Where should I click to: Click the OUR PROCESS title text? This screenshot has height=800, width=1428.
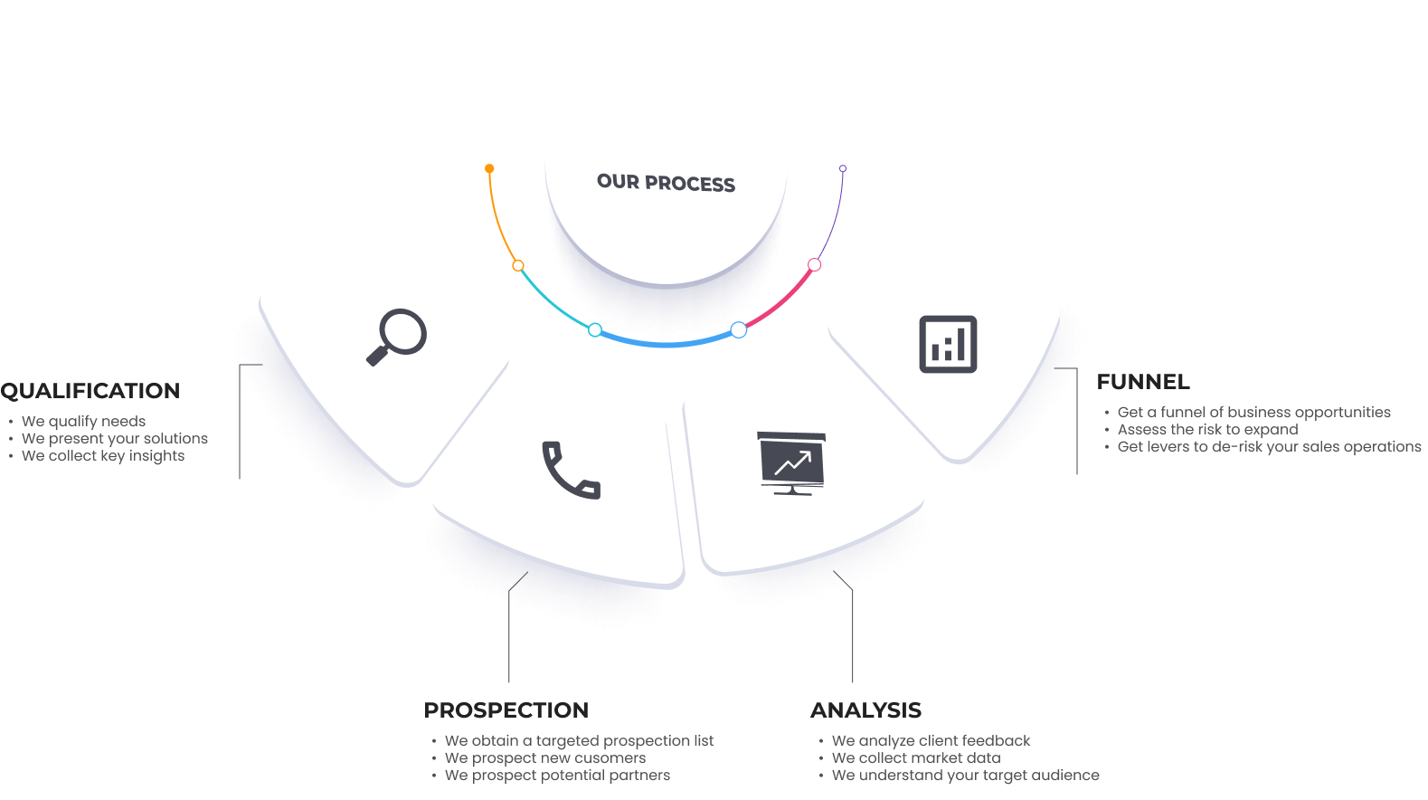point(666,183)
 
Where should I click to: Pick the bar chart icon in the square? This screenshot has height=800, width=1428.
point(948,344)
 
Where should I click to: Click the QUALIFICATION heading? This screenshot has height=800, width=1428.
point(90,391)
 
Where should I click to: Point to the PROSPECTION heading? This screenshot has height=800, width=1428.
point(506,710)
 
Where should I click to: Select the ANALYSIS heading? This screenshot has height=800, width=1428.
point(865,710)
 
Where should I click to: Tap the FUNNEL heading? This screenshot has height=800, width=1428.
point(1143,382)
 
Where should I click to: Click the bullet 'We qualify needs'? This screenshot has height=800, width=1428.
point(83,421)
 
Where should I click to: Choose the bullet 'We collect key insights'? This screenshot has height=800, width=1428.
point(103,455)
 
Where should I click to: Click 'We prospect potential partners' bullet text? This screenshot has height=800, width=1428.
point(557,775)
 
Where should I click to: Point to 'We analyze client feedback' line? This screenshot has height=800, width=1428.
point(931,740)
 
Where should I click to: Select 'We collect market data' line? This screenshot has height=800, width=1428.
point(916,757)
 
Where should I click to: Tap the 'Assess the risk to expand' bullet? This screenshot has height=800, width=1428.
point(1207,429)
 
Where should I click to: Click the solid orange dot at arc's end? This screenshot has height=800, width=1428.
point(489,168)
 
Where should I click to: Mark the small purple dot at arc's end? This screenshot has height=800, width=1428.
point(843,168)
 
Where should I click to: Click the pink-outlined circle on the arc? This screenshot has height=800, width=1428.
point(815,265)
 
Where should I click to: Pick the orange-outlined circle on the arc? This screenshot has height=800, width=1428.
point(518,265)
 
